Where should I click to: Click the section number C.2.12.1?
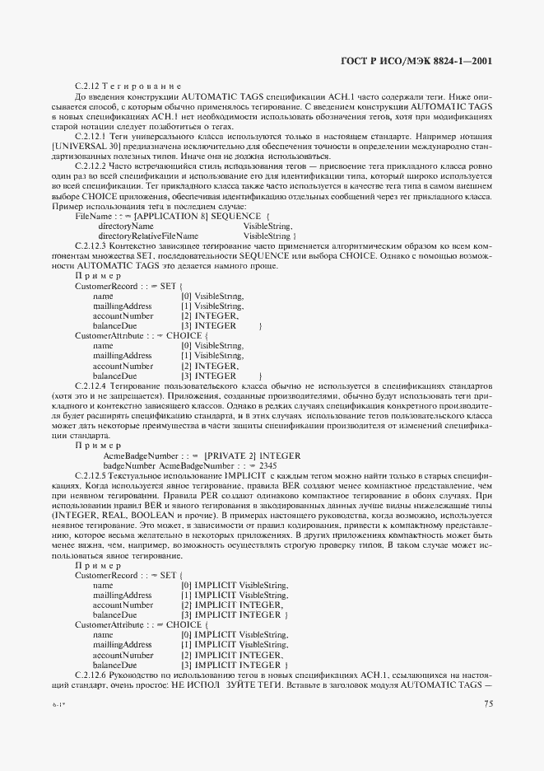[91, 134]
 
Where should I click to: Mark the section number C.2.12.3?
[91, 245]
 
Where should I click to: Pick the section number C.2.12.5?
[91, 477]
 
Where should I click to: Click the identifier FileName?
[94, 215]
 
